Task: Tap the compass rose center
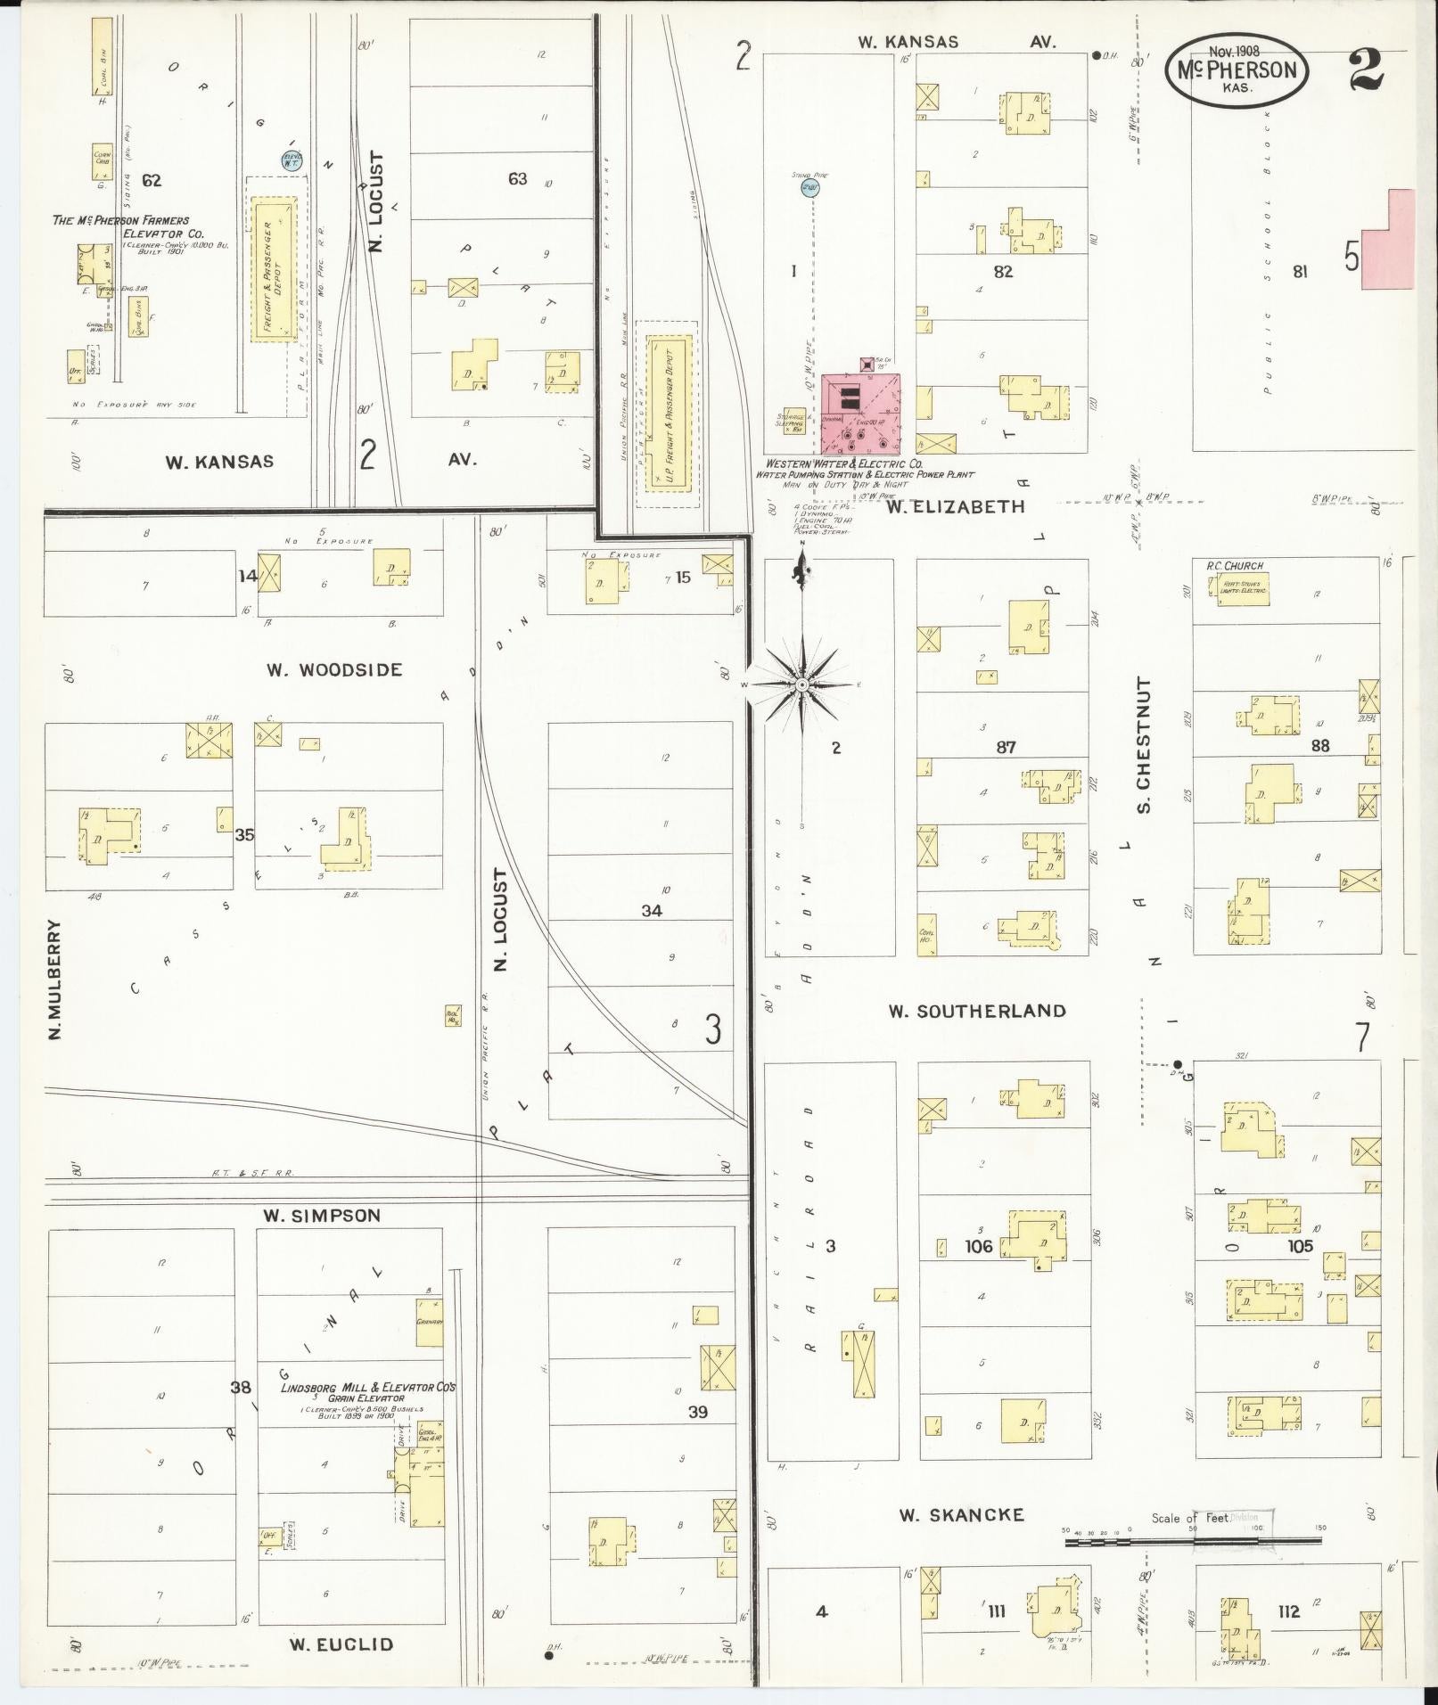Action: [x=802, y=684]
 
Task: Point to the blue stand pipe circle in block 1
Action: [x=809, y=188]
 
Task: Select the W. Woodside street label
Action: [x=333, y=670]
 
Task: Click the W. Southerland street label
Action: [x=976, y=1011]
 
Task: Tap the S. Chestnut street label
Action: [x=1144, y=745]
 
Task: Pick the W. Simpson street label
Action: [x=321, y=1216]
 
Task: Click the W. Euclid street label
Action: [x=341, y=1644]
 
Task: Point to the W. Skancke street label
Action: [x=961, y=1514]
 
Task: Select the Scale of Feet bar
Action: [x=1193, y=1541]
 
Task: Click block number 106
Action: [x=978, y=1246]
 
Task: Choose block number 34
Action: [x=652, y=910]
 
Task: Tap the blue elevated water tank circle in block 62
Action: [x=293, y=160]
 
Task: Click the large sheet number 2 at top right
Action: [x=1366, y=71]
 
